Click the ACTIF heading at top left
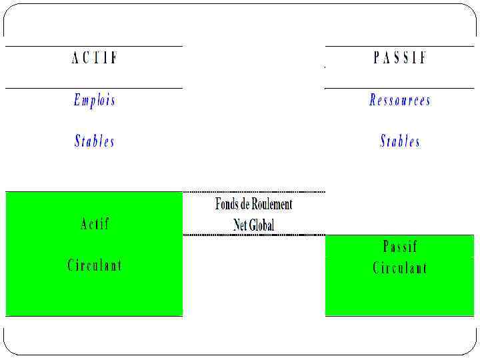[x=94, y=58]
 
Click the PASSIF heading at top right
[x=400, y=58]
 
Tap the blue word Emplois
[x=94, y=101]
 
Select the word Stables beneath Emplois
[x=94, y=141]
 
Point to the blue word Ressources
[x=400, y=101]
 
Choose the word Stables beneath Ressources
[x=400, y=141]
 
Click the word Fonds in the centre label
[x=227, y=204]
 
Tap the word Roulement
[x=272, y=204]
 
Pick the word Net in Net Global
[x=241, y=225]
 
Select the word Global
[x=262, y=225]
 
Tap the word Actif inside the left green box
[x=94, y=224]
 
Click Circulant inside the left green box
[x=94, y=265]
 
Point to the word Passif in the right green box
[x=400, y=247]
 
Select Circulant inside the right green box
[x=400, y=269]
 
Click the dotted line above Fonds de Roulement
[x=253, y=192]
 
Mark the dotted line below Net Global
[x=253, y=235]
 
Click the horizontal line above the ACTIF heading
[x=94, y=46]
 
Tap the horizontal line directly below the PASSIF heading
[x=400, y=88]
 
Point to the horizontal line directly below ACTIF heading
[x=94, y=88]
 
